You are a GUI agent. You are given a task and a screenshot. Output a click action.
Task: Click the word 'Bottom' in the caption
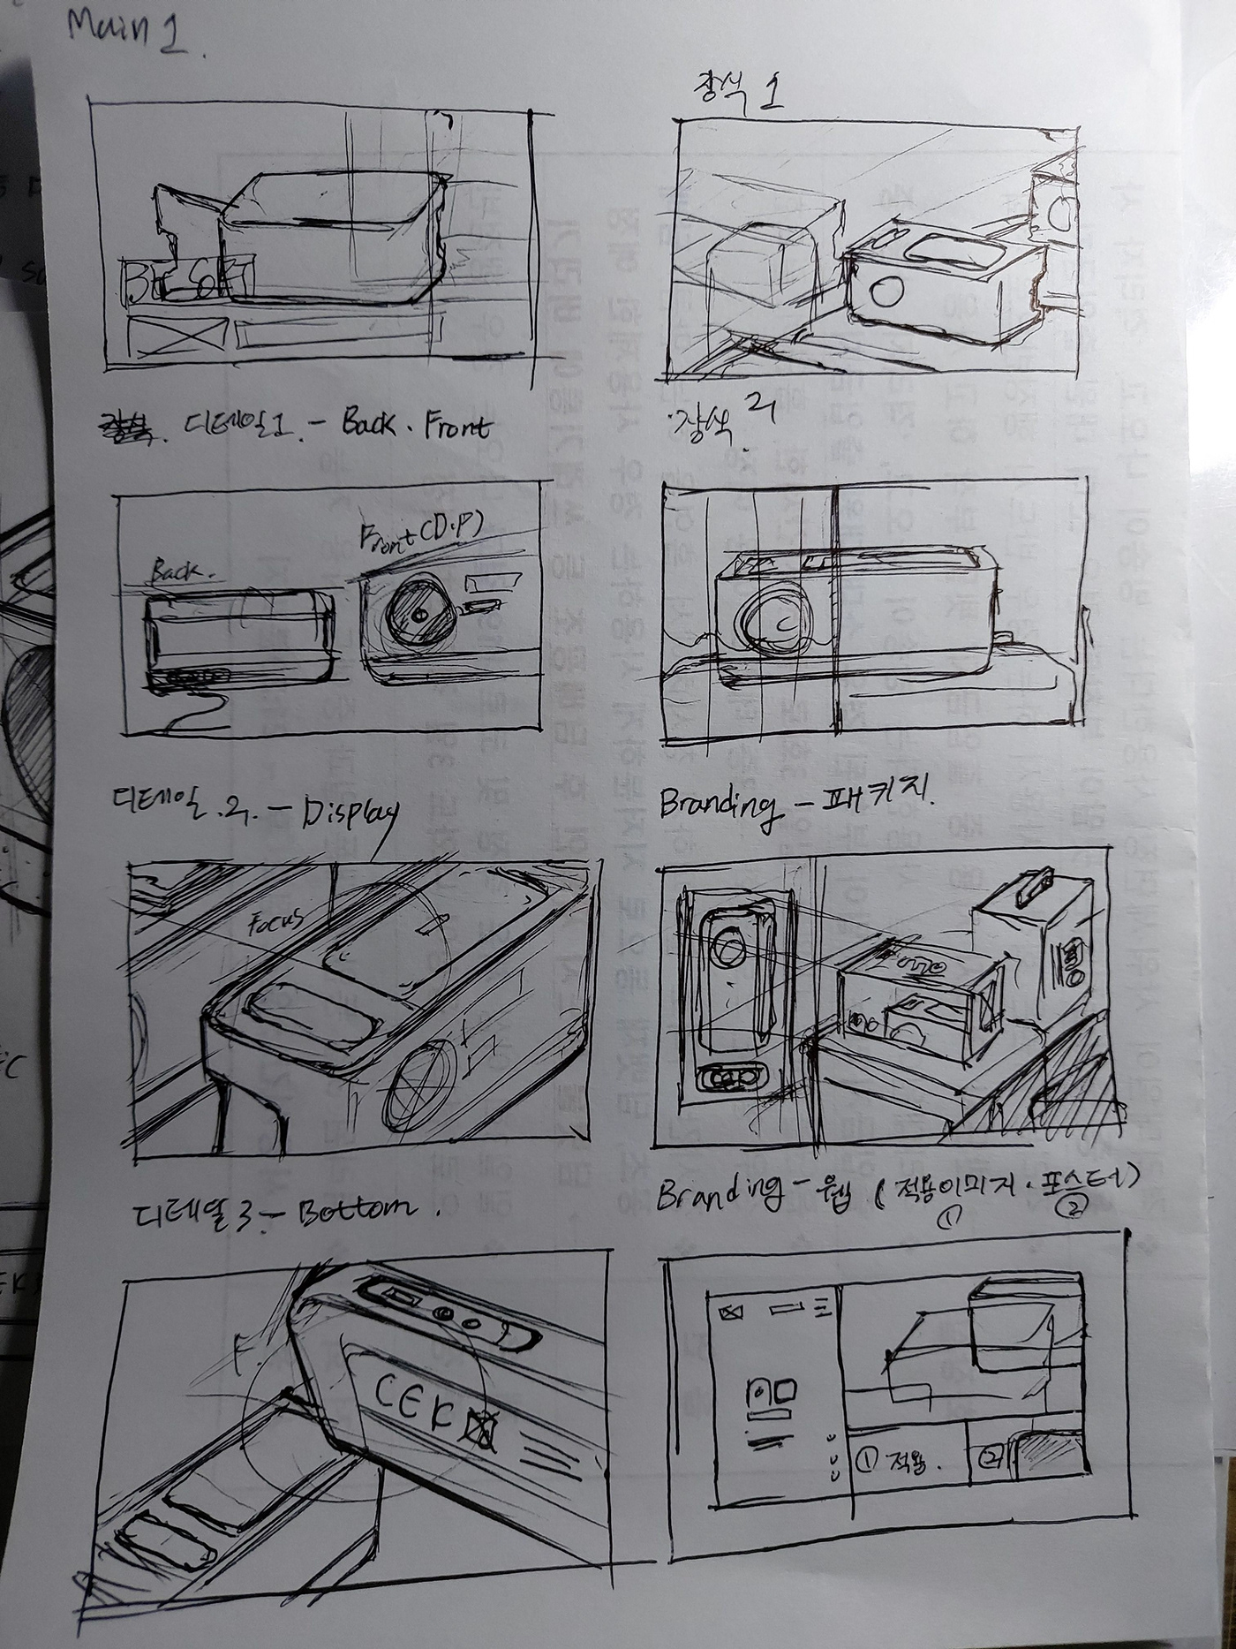click(x=353, y=1207)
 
